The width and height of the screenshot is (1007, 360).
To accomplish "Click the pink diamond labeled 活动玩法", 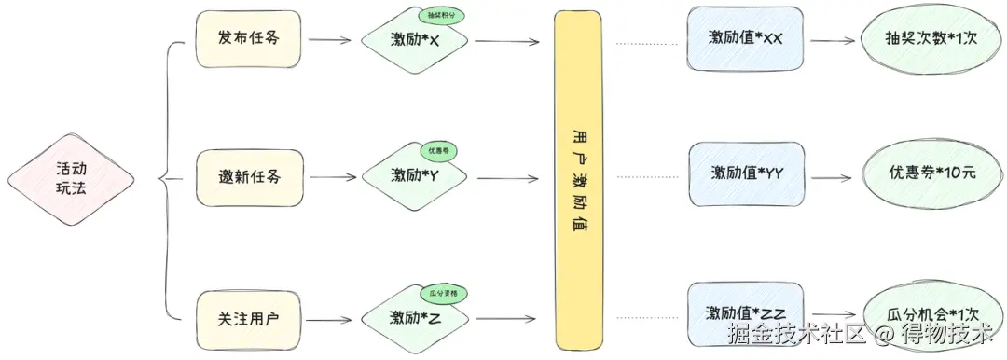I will click(69, 177).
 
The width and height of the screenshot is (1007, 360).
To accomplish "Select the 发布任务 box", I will click(248, 39).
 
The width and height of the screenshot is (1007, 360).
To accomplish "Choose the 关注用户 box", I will click(248, 316).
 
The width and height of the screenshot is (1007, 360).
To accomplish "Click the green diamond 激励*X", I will click(416, 41).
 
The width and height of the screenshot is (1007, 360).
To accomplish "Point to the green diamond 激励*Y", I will click(416, 175).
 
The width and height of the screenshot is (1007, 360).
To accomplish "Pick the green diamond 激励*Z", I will click(416, 317).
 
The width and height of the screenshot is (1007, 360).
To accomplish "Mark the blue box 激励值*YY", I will click(746, 173).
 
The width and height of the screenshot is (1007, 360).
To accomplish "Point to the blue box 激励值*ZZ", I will click(746, 313).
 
